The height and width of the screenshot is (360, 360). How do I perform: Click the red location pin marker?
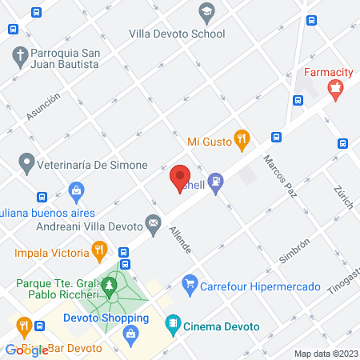pos(180,177)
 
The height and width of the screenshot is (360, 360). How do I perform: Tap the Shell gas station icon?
pos(214,182)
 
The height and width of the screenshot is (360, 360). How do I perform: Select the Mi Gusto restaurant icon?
pos(241,141)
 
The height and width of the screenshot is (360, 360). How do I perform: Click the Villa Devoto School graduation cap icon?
pos(206,12)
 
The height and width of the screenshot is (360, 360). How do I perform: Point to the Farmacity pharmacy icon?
pos(338,90)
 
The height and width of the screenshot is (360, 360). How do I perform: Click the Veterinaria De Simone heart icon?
pos(26,165)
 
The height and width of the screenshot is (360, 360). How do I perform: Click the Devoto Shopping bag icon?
pos(130,335)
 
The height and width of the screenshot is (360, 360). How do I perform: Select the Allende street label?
pos(180,239)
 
